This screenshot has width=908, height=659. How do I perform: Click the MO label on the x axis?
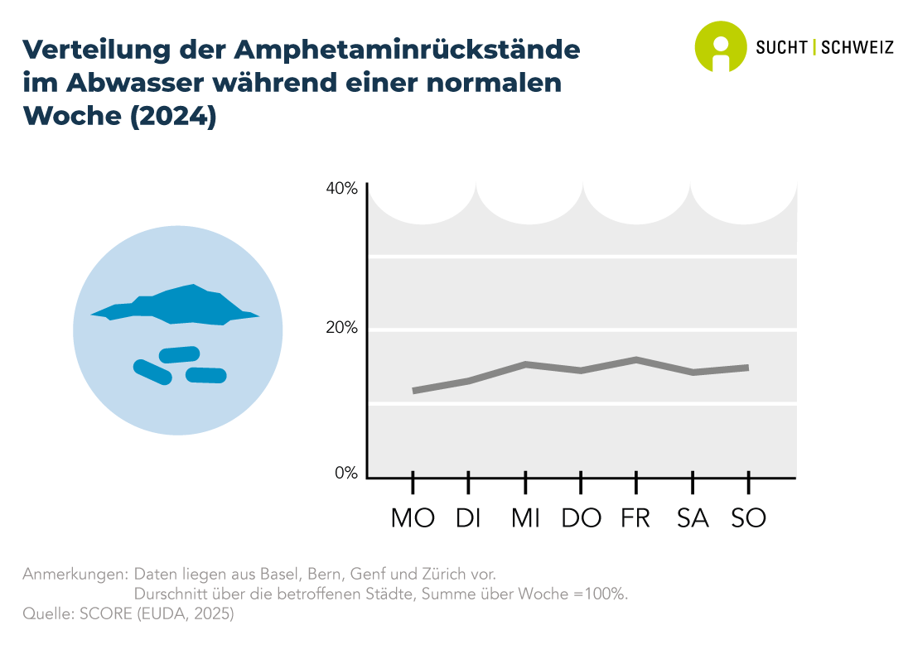click(x=413, y=518)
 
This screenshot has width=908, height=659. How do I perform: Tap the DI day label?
click(x=468, y=518)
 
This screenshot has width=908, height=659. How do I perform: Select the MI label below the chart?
click(x=525, y=518)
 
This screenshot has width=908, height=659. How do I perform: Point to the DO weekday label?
click(x=581, y=518)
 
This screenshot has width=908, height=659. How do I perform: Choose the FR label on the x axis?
click(x=635, y=518)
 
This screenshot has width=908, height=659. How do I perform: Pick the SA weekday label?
click(x=693, y=518)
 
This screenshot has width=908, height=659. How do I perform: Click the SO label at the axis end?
click(x=748, y=518)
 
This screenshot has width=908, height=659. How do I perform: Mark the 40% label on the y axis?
click(x=341, y=189)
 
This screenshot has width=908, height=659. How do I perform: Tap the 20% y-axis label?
click(x=341, y=328)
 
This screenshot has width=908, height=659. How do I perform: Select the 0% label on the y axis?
click(x=346, y=474)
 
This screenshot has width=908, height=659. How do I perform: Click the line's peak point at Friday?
click(x=636, y=359)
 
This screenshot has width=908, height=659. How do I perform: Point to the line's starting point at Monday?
click(x=413, y=391)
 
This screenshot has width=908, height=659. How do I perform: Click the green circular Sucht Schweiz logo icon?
click(x=720, y=46)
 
